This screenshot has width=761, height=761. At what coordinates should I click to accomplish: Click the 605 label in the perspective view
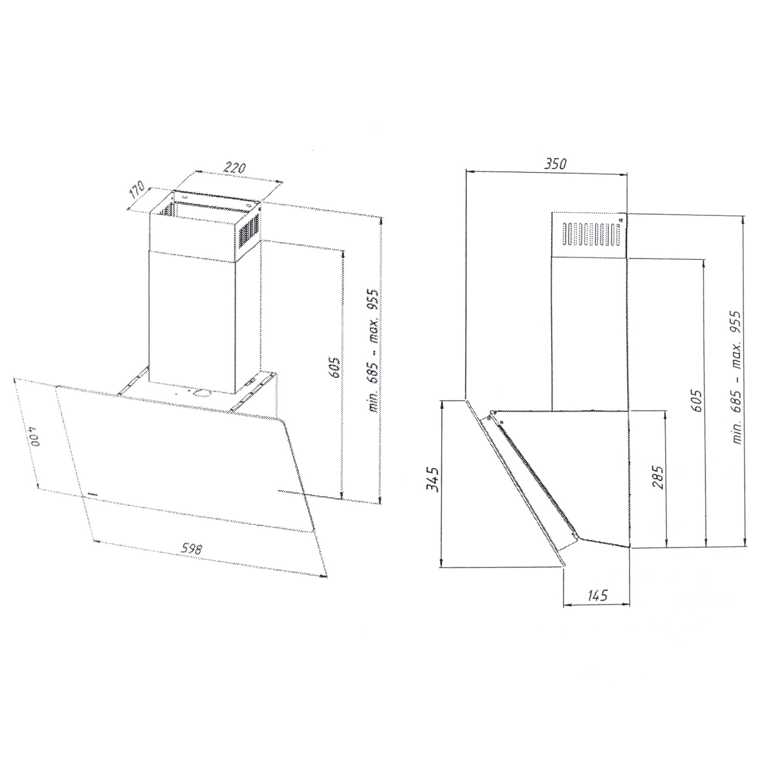pos(334,367)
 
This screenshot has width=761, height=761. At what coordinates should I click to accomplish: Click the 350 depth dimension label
pos(555,164)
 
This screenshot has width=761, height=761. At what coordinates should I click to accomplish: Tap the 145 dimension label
pos(598,595)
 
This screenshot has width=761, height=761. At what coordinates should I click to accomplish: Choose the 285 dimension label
pos(658,478)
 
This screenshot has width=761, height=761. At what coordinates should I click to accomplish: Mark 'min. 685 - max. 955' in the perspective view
pos(373,351)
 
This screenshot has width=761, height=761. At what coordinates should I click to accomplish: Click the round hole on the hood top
pos(202,393)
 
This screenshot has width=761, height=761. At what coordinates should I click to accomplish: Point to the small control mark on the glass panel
pos(92,493)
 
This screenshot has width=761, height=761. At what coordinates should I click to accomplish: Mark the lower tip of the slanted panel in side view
pos(564,567)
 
